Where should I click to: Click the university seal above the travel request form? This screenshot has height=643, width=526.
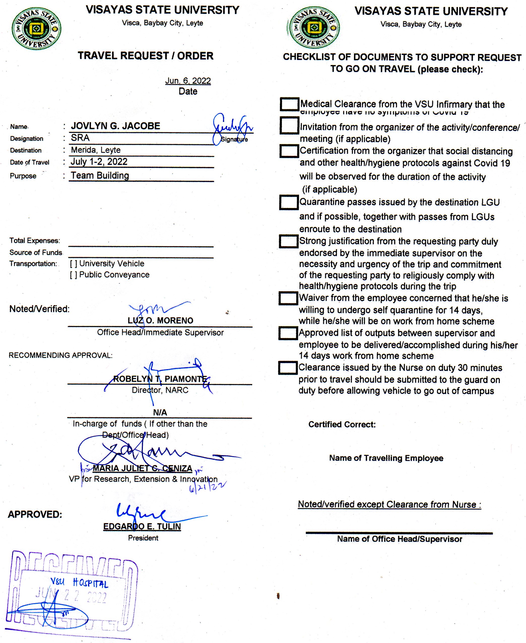pyautogui.click(x=36, y=29)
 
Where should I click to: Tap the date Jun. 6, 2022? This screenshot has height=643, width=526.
pyautogui.click(x=188, y=81)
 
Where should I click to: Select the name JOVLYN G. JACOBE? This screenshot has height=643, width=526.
pyautogui.click(x=115, y=126)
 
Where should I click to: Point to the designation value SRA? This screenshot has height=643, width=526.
pyautogui.click(x=80, y=138)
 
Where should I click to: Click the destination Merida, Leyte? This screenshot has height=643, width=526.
pyautogui.click(x=96, y=150)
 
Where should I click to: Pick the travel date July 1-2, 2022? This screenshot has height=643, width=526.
pyautogui.click(x=99, y=162)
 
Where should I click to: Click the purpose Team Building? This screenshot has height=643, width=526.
pyautogui.click(x=100, y=175)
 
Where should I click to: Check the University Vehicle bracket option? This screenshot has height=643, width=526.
pyautogui.click(x=73, y=264)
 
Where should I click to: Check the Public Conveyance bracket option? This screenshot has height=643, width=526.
pyautogui.click(x=73, y=275)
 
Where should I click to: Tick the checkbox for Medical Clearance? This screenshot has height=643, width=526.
pyautogui.click(x=289, y=104)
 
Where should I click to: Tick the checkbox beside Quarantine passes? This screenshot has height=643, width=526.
pyautogui.click(x=289, y=202)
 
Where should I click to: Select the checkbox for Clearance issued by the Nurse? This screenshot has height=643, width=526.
pyautogui.click(x=288, y=368)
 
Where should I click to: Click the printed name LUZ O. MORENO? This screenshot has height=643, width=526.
pyautogui.click(x=160, y=320)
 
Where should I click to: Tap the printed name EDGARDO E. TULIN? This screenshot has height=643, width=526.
pyautogui.click(x=142, y=527)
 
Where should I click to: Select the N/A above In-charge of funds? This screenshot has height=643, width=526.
pyautogui.click(x=160, y=413)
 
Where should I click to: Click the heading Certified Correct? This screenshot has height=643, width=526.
pyautogui.click(x=342, y=424)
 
